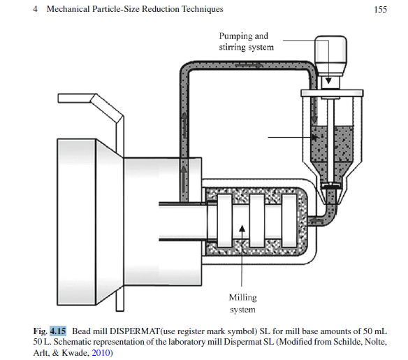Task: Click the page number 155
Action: [381, 10]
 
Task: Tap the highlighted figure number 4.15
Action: [58, 331]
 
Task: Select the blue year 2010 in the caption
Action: [101, 353]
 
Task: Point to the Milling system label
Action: [242, 303]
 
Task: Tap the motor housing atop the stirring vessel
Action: [330, 55]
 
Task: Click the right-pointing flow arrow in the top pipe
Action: [249, 65]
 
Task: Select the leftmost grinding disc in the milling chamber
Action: [224, 220]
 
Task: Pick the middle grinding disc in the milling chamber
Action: [257, 220]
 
